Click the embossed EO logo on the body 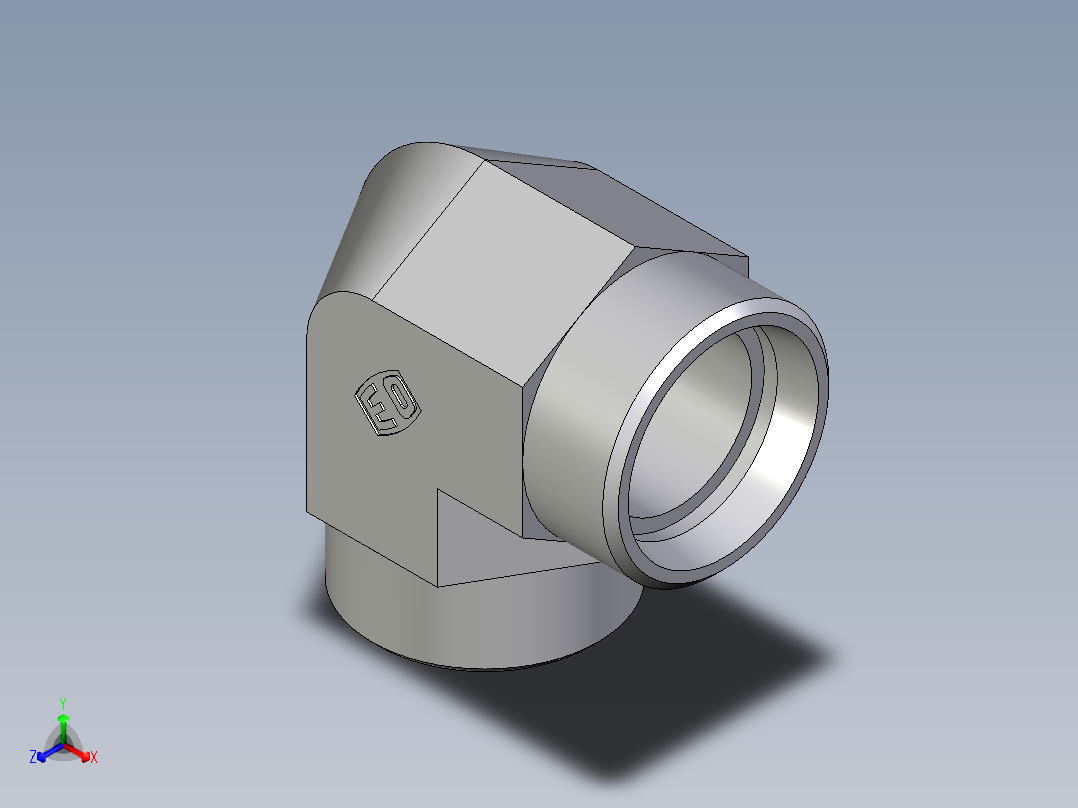click(387, 406)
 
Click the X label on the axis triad click(94, 758)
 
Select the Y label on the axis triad click(62, 702)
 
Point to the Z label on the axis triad click(33, 758)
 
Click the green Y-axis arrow click(62, 725)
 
